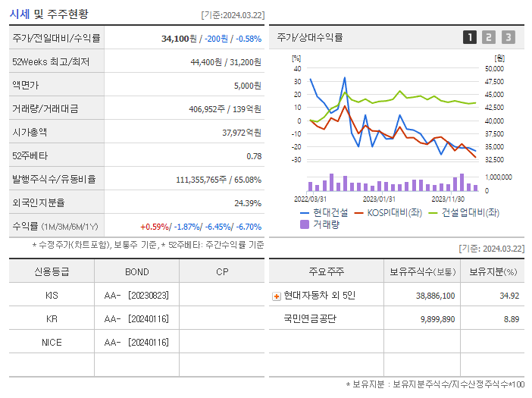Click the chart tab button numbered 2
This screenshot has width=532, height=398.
pos(489,37)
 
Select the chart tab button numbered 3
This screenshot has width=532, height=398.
pos(508,37)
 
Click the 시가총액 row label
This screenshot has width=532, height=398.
pos(30,132)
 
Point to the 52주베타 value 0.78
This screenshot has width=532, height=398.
pos(254,155)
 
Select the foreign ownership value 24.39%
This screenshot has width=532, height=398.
pos(248,202)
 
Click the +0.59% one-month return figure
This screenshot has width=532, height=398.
pos(155,226)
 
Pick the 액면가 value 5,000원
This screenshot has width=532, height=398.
pos(247,85)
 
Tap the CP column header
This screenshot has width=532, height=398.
pos(221,271)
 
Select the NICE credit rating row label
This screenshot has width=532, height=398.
pos(52,342)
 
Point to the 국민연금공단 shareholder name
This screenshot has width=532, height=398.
pos(309,318)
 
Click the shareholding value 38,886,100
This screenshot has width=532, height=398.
pos(435,295)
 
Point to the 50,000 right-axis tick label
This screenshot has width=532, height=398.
pos(494,69)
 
